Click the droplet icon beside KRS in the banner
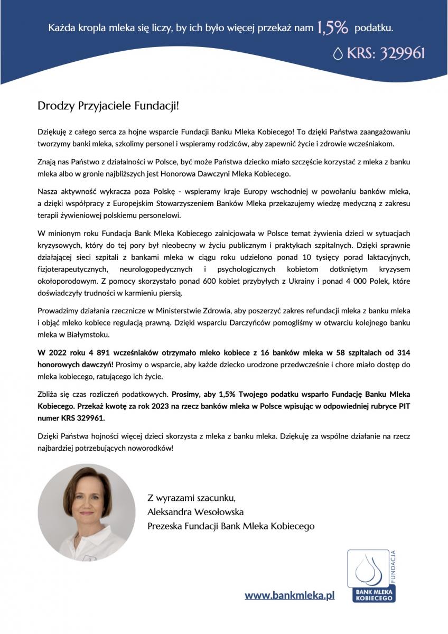[x=338, y=54]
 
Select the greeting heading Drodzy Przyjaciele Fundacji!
[x=108, y=105]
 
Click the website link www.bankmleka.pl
[x=290, y=595]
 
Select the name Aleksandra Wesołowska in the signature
[x=195, y=511]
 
